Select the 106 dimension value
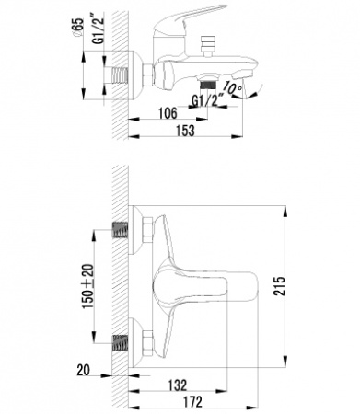point(168,113)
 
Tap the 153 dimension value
point(185,130)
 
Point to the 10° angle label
point(233,87)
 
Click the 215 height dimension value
point(279,286)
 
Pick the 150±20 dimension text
point(88,286)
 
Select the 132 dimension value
point(178,385)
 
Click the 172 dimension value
point(192,402)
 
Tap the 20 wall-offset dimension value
point(83,370)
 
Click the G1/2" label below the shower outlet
point(204,100)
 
